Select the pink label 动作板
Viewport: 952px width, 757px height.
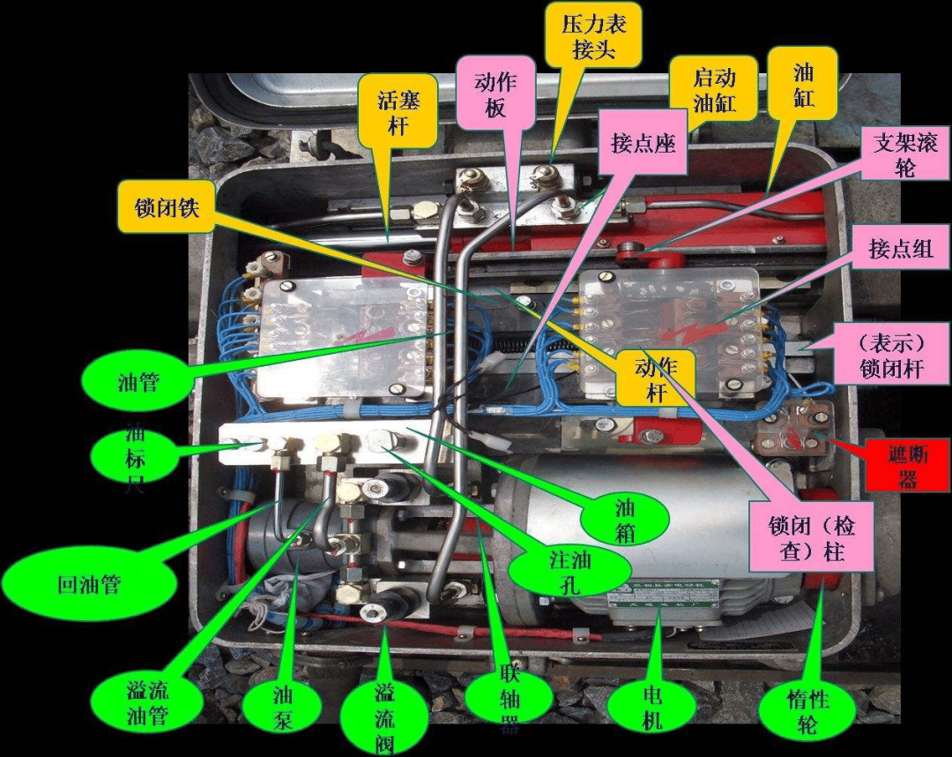(x=495, y=94)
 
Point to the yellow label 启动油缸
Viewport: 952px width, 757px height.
(x=713, y=88)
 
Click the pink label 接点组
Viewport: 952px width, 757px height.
(x=900, y=250)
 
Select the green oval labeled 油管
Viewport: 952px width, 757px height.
(x=139, y=381)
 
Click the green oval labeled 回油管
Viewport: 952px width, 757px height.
(x=88, y=583)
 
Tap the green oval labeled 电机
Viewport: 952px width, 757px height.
(x=651, y=707)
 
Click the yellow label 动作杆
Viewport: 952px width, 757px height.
(x=656, y=378)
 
